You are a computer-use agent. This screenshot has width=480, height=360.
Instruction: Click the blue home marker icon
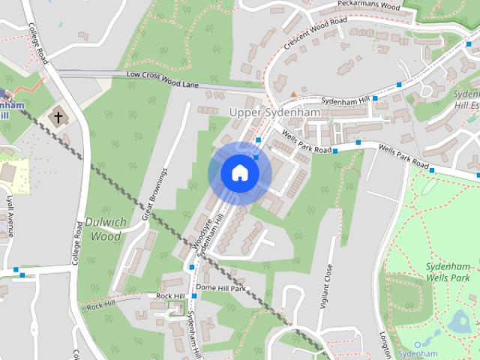[239, 173]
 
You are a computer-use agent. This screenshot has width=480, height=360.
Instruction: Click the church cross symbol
[57, 117]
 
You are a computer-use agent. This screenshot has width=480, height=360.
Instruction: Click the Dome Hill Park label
[220, 288]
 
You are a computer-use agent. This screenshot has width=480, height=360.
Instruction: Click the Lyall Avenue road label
[10, 217]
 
